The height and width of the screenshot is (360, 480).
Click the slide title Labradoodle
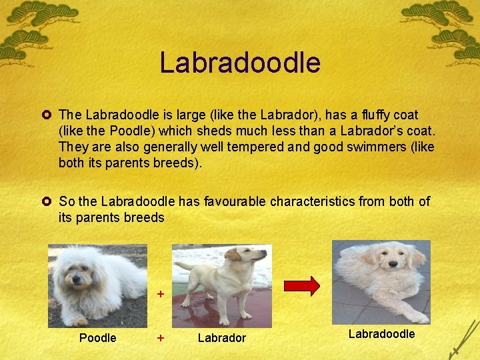tap(240, 63)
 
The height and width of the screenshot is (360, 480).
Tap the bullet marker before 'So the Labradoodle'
tap(49, 201)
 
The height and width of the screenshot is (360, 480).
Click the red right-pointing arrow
tap(302, 285)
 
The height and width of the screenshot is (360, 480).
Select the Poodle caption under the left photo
tap(97, 338)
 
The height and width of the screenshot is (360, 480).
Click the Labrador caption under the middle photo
tap(222, 338)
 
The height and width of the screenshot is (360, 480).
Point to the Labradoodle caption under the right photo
tap(382, 333)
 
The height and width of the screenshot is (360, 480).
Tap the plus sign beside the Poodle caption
tap(160, 338)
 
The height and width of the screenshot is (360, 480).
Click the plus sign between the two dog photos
tap(160, 293)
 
